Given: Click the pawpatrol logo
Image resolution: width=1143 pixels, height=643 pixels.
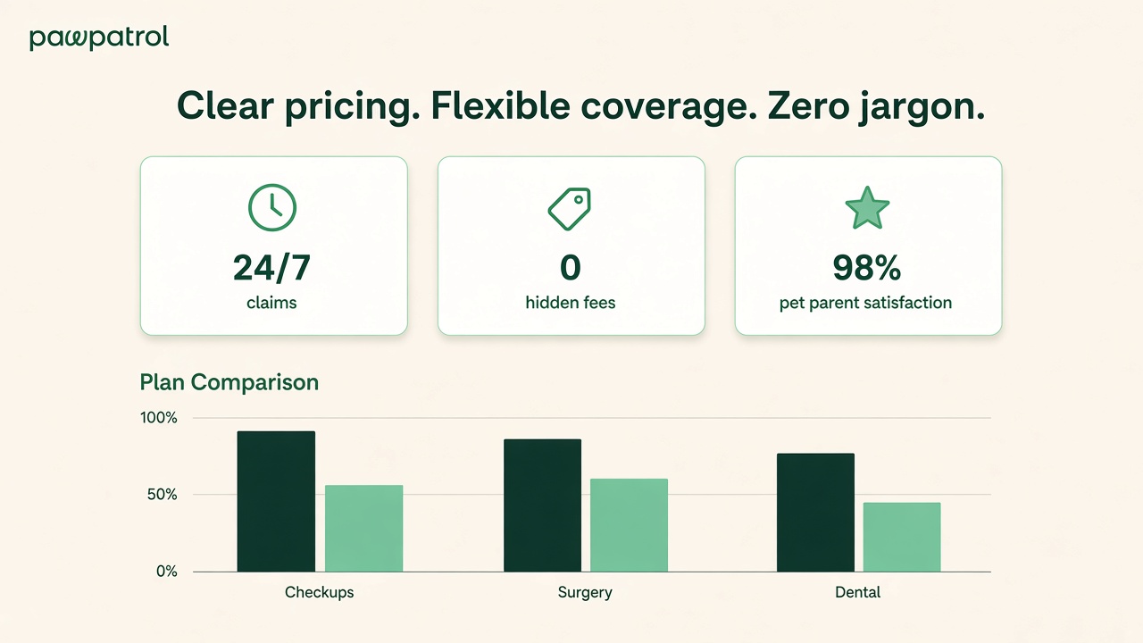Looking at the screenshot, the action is click(99, 38).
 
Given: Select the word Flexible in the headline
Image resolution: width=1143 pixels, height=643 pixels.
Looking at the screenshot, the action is click(500, 106).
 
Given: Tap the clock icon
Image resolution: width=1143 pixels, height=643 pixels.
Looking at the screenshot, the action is click(272, 208).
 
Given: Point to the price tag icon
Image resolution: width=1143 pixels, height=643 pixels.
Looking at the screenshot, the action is click(570, 209).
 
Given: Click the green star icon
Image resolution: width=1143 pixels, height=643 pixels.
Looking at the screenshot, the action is click(867, 208).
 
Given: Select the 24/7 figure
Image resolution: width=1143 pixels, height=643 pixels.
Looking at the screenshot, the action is click(271, 268).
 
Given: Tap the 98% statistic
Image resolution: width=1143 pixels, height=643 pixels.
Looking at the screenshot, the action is click(867, 268).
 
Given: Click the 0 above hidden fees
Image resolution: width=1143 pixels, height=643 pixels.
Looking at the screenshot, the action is click(571, 268).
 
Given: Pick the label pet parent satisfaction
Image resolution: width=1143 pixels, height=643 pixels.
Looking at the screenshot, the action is click(865, 303).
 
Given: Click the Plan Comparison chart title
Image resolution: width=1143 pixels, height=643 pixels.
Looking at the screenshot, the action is click(229, 382).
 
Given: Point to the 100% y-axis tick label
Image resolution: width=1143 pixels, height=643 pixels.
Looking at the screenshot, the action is click(159, 418).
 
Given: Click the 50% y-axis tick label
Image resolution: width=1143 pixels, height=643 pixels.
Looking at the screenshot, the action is click(163, 495).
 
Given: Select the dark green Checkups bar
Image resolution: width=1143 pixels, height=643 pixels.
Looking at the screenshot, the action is click(276, 502).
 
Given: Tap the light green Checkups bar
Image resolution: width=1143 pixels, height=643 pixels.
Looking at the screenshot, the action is click(363, 529).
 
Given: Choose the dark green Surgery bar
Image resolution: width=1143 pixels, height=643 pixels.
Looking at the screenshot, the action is click(542, 505).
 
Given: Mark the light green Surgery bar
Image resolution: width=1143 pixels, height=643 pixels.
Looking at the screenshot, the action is click(630, 525).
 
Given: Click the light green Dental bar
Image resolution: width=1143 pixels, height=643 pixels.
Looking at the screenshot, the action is click(902, 538).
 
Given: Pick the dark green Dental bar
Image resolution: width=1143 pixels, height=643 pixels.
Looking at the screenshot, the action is click(815, 513).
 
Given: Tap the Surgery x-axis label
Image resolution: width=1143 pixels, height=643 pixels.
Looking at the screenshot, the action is click(585, 593).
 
